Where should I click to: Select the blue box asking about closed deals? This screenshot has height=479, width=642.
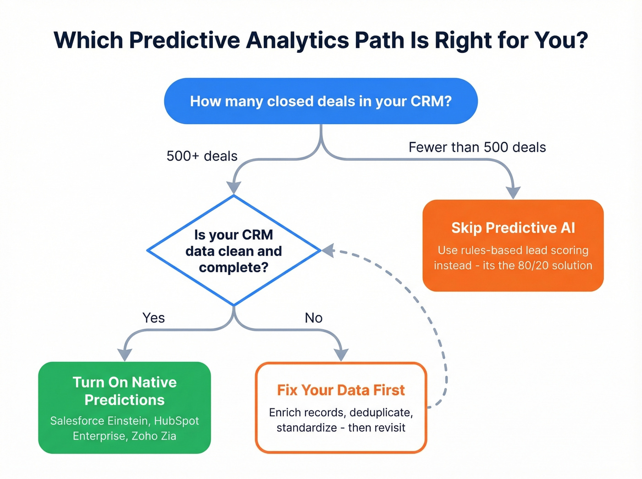321,101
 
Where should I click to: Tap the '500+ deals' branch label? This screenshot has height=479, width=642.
202,156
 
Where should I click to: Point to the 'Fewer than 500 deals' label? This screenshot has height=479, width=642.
477,147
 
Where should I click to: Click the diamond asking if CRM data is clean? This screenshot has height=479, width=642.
233,251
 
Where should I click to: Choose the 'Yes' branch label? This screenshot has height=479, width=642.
153,318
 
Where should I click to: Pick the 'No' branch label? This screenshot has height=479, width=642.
314,318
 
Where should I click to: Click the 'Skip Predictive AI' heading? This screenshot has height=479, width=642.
513,228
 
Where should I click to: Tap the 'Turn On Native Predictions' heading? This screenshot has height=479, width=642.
124,391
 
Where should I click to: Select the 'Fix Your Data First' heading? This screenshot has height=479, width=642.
341,390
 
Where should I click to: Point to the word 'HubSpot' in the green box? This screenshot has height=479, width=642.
176,421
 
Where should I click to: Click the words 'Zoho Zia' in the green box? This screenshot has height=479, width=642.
154,436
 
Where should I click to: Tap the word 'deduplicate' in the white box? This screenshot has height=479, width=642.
379,413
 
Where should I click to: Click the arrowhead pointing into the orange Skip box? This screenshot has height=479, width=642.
513,193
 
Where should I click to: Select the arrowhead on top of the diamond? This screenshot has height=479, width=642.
234,187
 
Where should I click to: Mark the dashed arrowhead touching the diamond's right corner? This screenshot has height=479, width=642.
328,250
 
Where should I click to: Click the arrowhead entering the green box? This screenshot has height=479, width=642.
124,354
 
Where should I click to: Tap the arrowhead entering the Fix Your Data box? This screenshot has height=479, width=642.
341,354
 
